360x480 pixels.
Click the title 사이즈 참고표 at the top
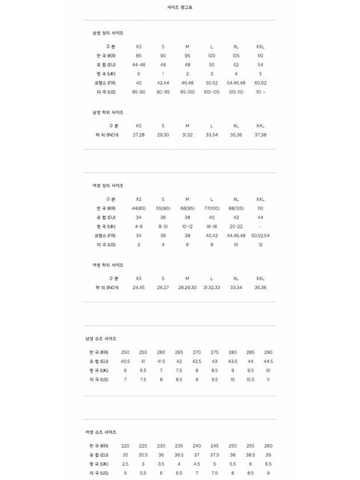coord(179,7)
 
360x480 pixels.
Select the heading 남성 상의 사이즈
coord(108,33)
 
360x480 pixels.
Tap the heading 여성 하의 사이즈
coord(108,265)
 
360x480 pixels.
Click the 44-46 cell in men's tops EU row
coord(139,65)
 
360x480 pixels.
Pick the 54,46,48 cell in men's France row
coord(236,83)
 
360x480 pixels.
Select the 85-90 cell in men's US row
coord(139,92)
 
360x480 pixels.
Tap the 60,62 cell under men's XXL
coord(260,83)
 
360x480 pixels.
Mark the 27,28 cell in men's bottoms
coord(139,135)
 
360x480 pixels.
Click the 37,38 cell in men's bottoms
coord(260,135)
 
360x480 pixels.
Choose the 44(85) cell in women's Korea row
coord(139,208)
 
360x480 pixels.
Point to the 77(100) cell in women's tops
coord(211,208)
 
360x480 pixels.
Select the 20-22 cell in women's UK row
coord(236,226)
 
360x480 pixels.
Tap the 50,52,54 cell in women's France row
coord(260,235)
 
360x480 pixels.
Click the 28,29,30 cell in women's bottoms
coord(187,287)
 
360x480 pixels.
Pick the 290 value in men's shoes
coord(269,352)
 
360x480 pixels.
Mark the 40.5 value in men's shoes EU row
coord(125,361)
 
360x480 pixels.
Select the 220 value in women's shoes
coord(125,446)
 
